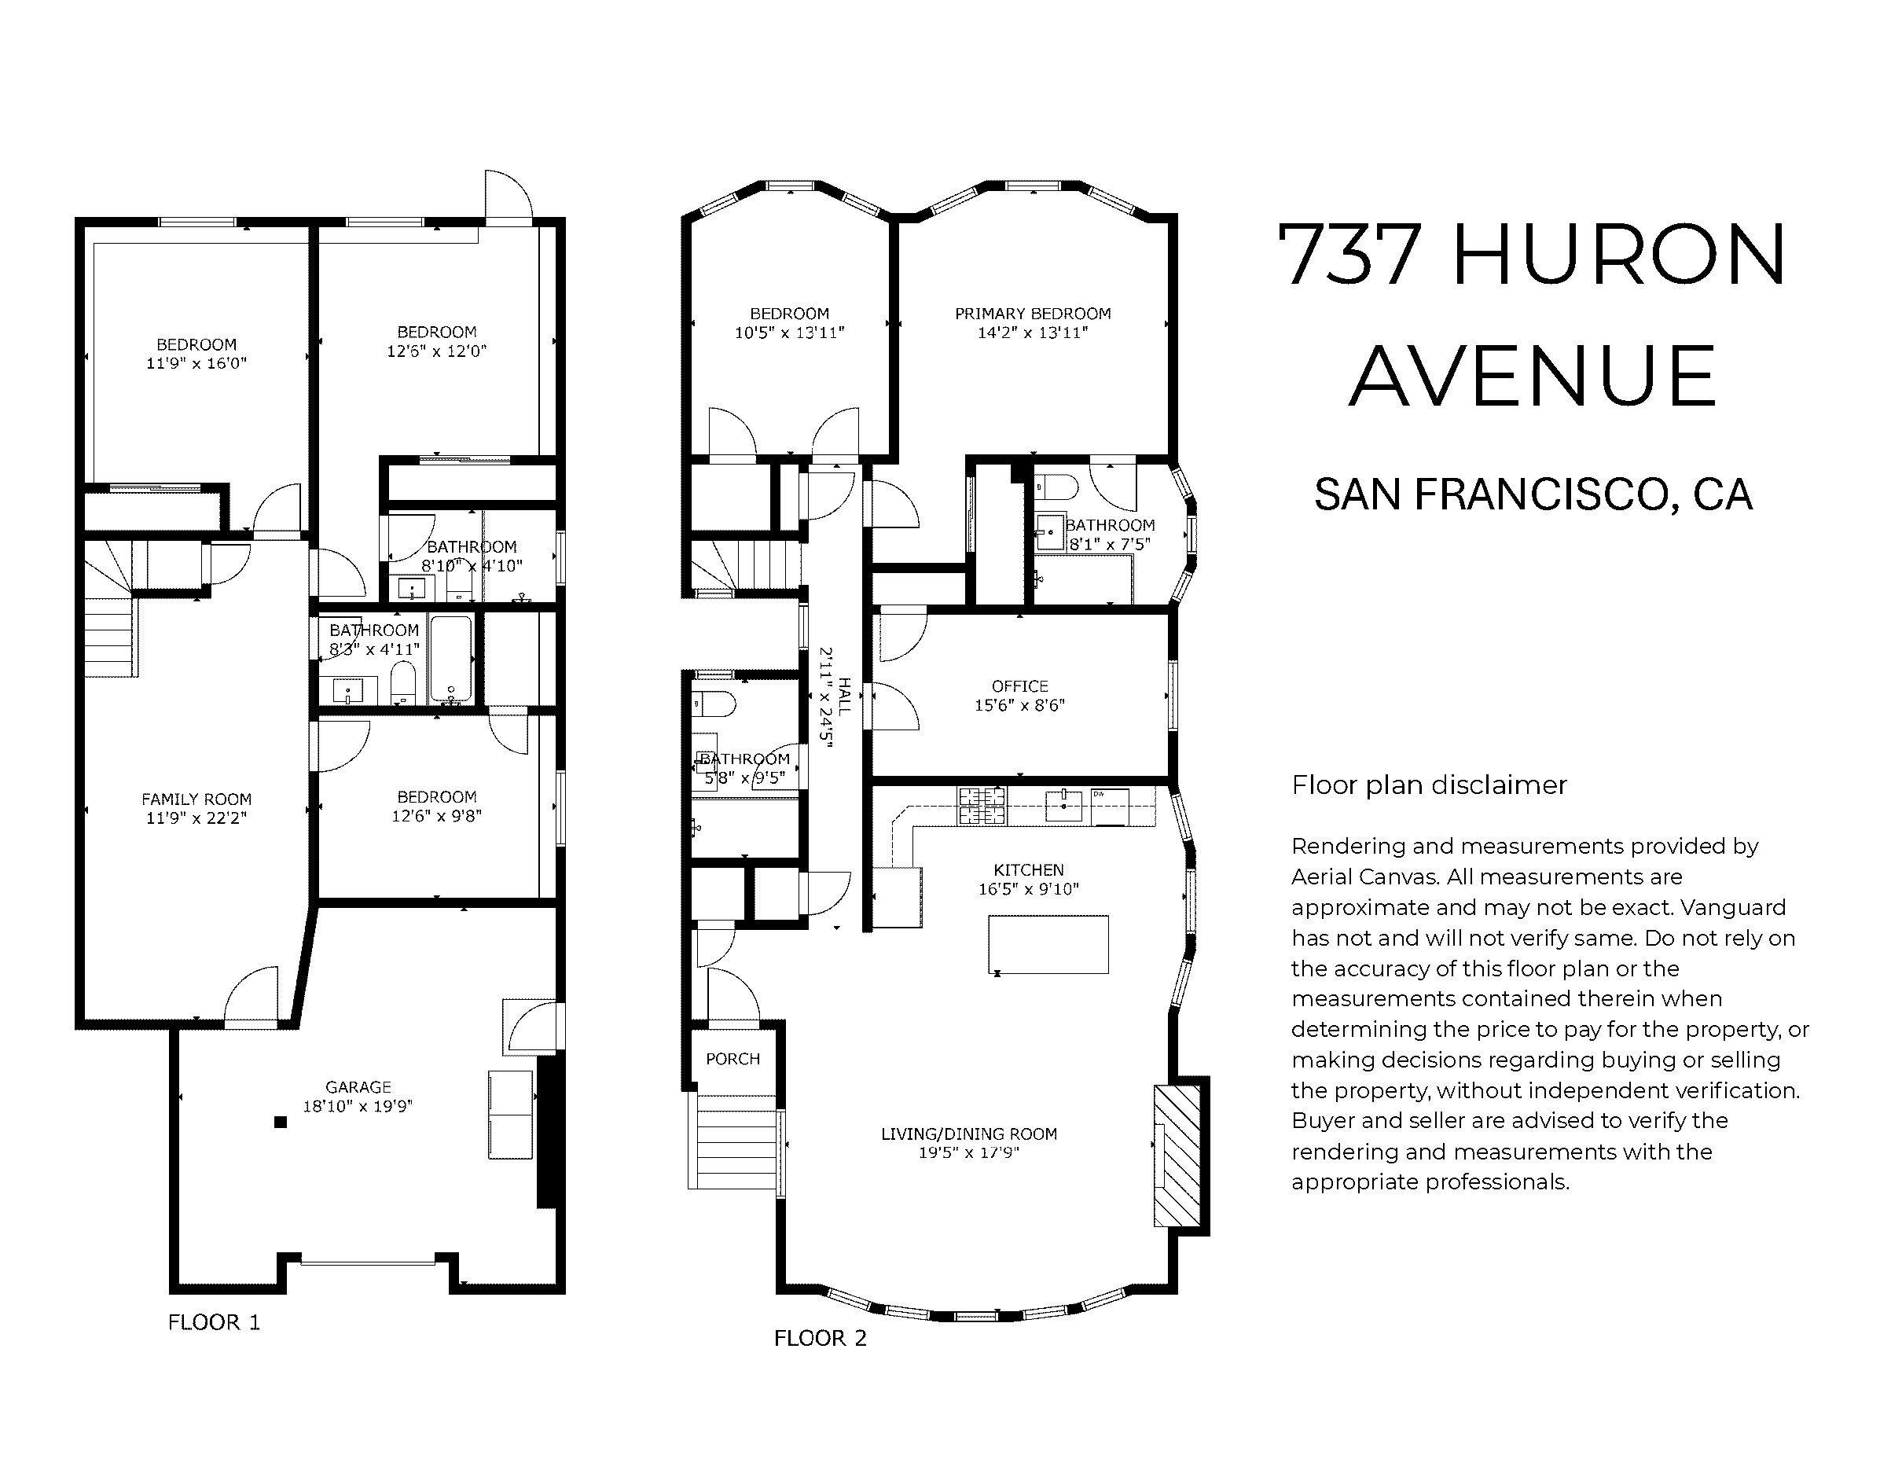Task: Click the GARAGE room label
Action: [358, 1087]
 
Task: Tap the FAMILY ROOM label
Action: [196, 799]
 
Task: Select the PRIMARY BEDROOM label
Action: [1033, 314]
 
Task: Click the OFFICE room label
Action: [1020, 686]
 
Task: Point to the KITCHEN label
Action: [1029, 870]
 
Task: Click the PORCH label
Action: [733, 1059]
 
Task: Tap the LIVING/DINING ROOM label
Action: [968, 1134]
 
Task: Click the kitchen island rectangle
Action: [1048, 944]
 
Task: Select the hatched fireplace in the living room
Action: [1177, 1155]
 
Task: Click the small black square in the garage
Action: [281, 1123]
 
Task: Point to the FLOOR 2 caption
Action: [821, 1338]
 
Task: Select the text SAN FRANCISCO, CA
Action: [1533, 494]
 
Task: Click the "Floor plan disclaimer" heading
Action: [1429, 785]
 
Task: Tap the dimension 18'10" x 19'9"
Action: [358, 1106]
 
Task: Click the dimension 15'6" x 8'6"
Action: [1020, 705]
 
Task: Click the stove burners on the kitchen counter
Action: [982, 806]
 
